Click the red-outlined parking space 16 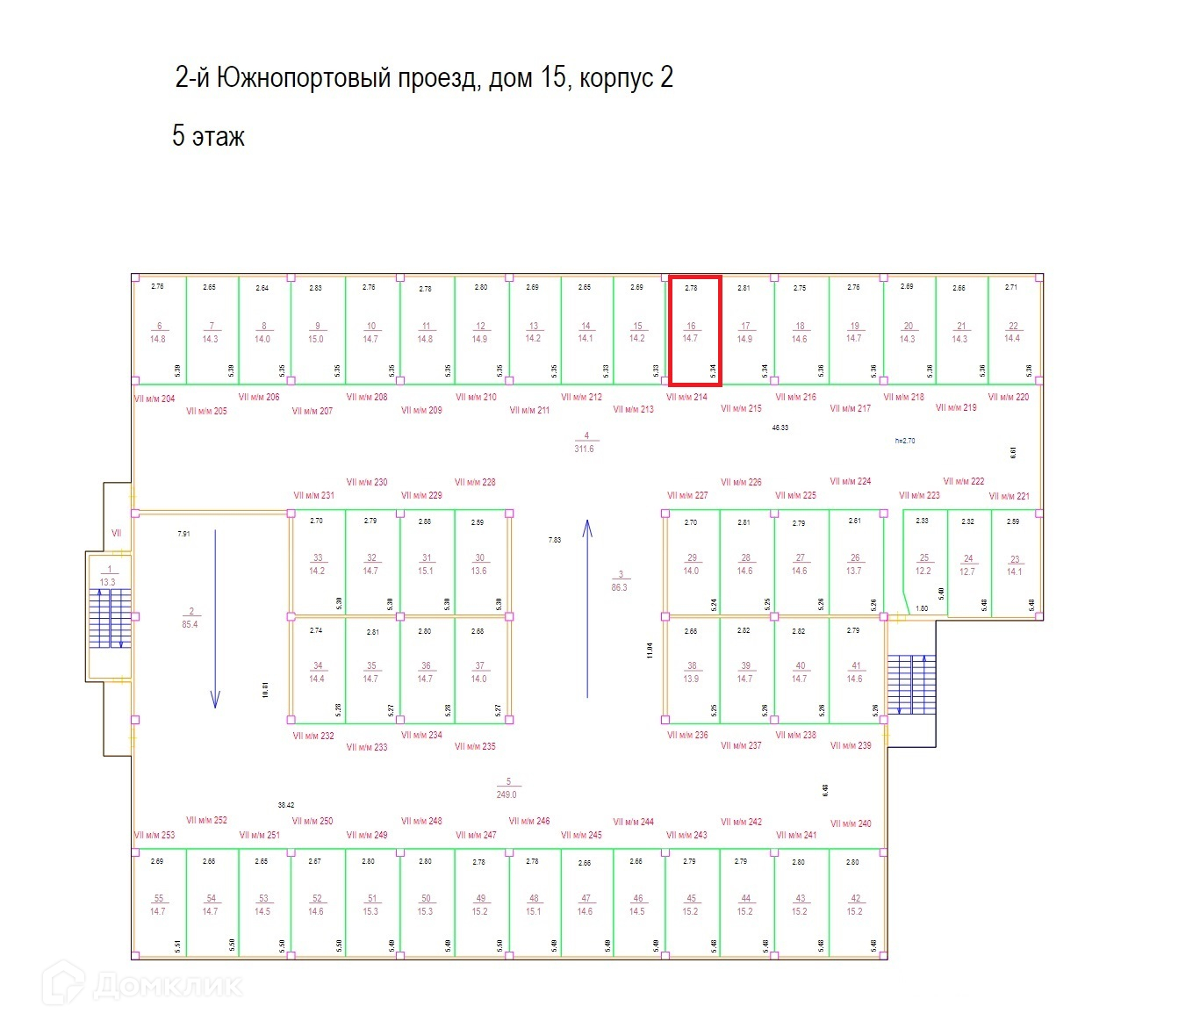(x=694, y=331)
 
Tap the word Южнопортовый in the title (x=304, y=78)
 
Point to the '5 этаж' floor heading (x=208, y=137)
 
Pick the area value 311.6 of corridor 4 (x=584, y=449)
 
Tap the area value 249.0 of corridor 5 (x=507, y=794)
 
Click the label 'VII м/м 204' (x=154, y=399)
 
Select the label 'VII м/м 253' (x=154, y=835)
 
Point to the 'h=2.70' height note (x=904, y=441)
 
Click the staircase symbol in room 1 (x=110, y=618)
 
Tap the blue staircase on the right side (x=911, y=684)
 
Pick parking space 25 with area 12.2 (x=923, y=564)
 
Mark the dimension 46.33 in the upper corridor (x=780, y=428)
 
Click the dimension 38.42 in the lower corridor (x=286, y=805)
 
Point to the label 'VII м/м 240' (x=851, y=823)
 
